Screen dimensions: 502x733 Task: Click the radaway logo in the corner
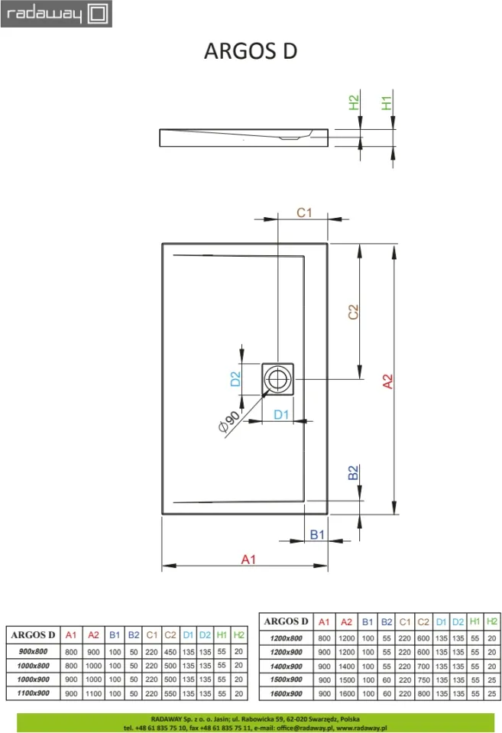(56, 14)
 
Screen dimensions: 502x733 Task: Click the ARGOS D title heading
(251, 51)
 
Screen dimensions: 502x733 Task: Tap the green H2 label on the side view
(354, 103)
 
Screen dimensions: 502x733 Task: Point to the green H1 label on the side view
(386, 103)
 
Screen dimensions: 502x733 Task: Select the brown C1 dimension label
(304, 212)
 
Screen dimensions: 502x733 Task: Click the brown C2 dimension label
(353, 312)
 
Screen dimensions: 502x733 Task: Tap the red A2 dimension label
(387, 381)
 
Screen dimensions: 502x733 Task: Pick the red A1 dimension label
(248, 559)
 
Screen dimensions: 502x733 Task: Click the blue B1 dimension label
(317, 534)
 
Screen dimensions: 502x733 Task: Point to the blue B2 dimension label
(353, 472)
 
